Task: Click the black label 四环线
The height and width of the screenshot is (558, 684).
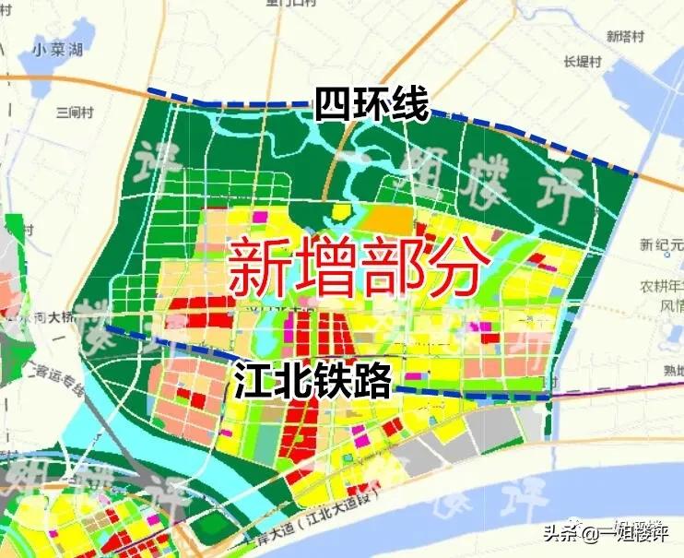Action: (371, 104)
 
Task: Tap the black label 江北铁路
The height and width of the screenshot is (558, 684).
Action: (313, 379)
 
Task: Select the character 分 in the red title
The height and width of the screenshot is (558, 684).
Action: (456, 264)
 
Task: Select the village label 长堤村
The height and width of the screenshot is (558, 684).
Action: (582, 63)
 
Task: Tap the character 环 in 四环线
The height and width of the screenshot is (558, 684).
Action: (371, 104)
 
